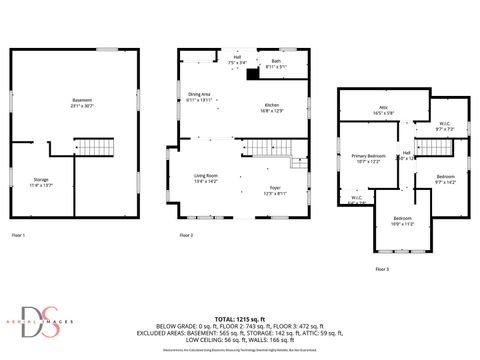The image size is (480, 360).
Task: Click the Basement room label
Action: click(x=82, y=102)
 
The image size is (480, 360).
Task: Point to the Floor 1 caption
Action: click(x=18, y=235)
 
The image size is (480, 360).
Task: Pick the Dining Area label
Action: click(x=200, y=97)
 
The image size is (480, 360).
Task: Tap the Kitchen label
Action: click(x=271, y=107)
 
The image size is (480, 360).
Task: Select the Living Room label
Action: click(x=206, y=179)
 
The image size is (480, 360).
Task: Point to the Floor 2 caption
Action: click(x=186, y=235)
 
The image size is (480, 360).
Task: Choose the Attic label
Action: click(x=382, y=110)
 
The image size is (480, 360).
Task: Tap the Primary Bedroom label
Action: click(x=368, y=158)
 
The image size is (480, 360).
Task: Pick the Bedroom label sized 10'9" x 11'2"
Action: click(x=402, y=220)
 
